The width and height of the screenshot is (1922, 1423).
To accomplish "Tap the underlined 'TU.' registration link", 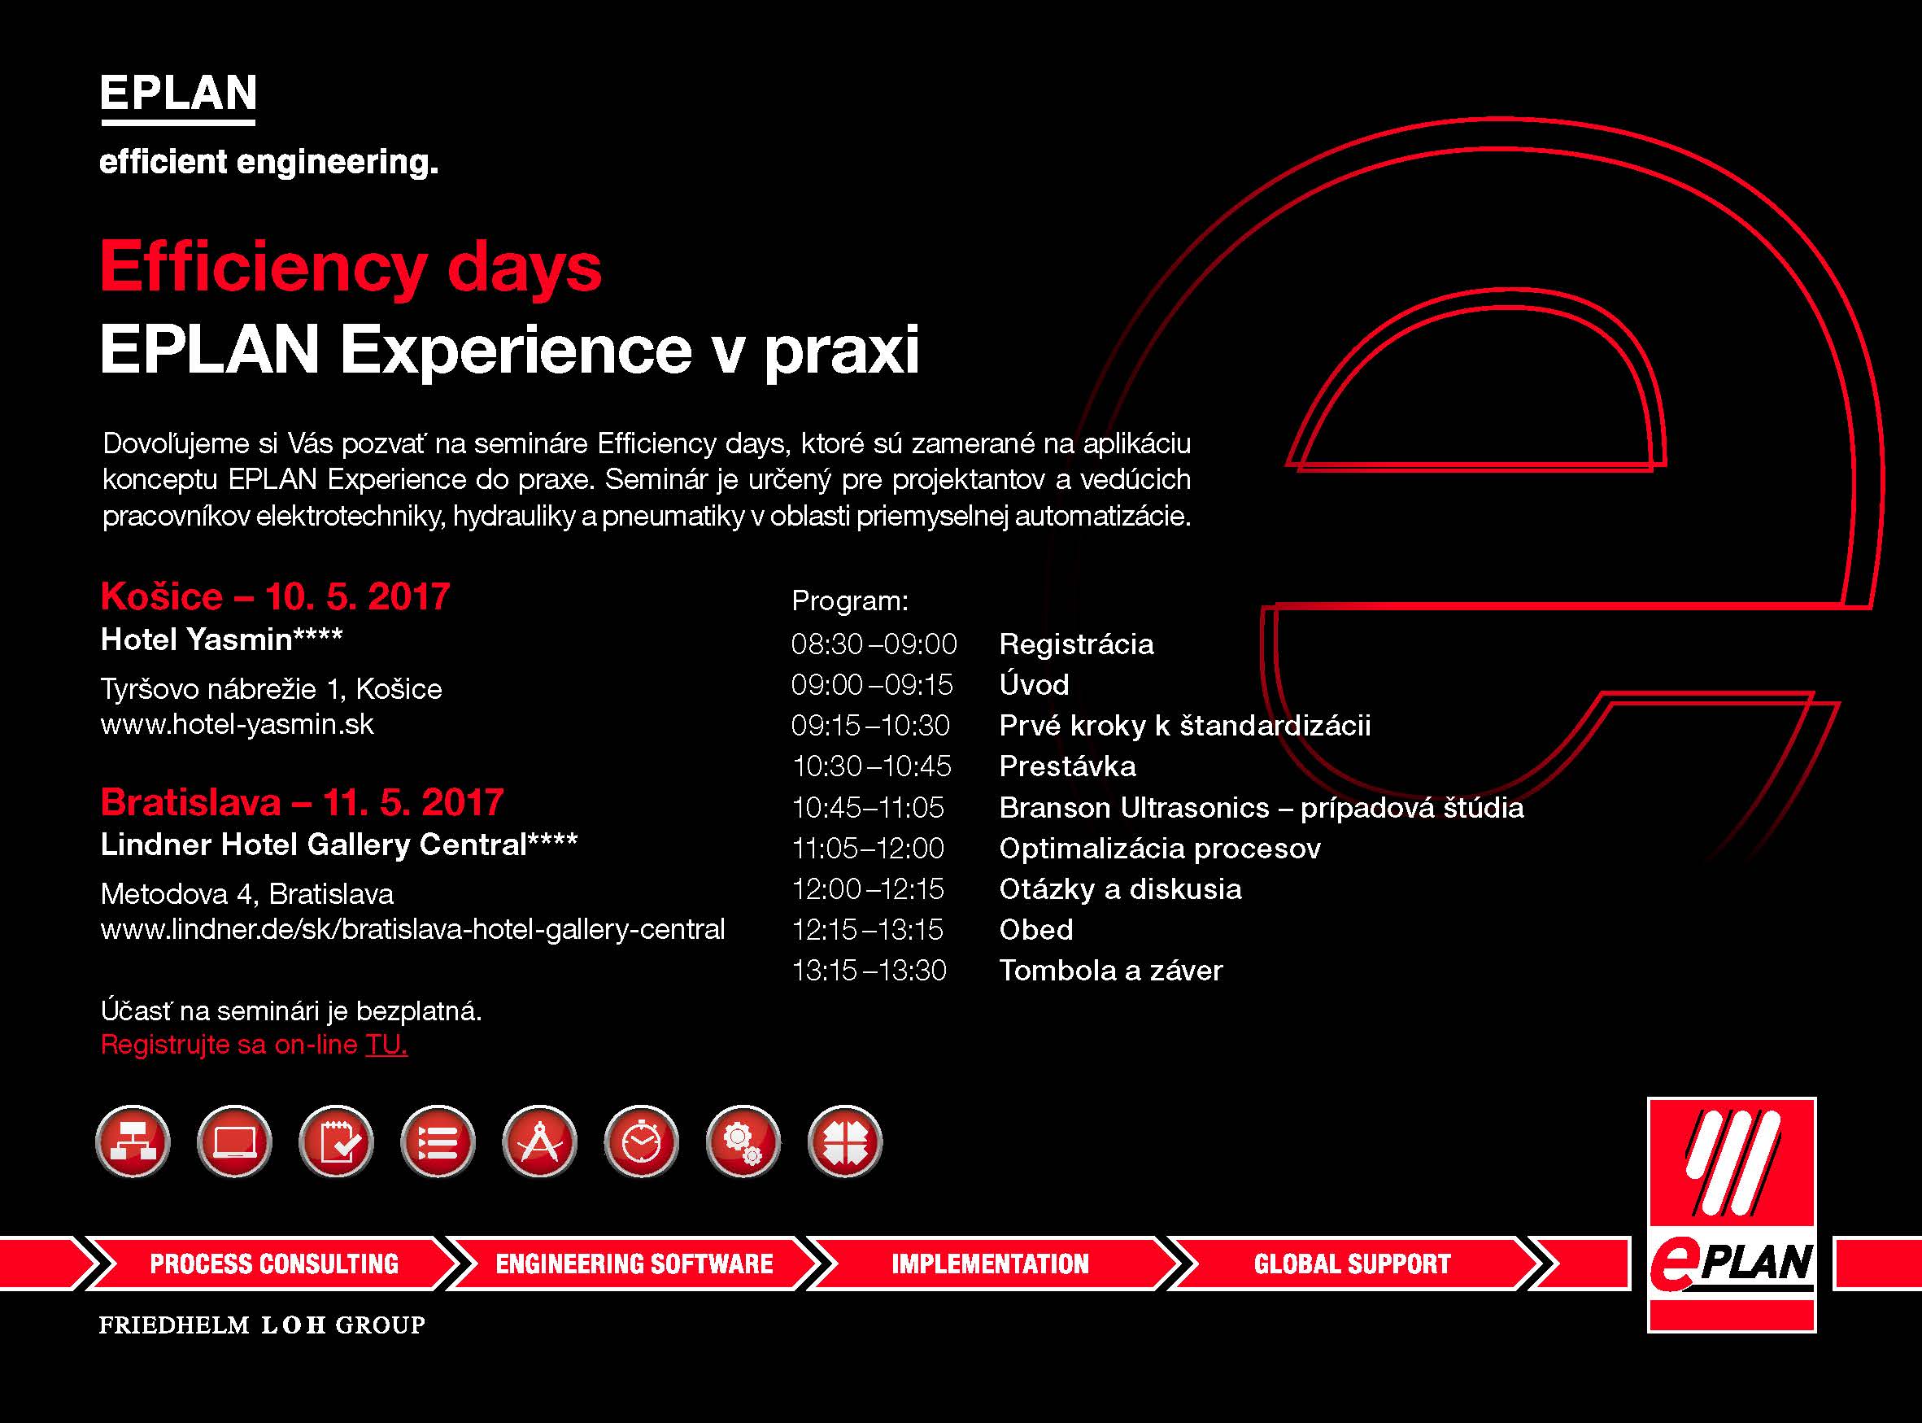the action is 386,1045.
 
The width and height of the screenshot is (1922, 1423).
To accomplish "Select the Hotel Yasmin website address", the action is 238,724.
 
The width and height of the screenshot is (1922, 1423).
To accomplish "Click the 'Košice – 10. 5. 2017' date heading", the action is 276,596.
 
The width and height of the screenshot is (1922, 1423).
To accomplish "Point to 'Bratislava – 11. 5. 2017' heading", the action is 303,803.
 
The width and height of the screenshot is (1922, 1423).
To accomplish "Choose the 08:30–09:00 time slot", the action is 874,644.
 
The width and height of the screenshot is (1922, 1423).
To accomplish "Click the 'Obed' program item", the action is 1036,930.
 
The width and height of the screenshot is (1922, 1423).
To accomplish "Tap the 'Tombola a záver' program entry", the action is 1111,971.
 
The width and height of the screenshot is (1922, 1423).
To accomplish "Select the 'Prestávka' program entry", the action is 1068,766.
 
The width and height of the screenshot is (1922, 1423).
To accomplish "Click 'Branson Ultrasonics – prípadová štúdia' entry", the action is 1262,808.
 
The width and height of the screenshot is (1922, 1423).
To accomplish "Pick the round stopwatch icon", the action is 642,1142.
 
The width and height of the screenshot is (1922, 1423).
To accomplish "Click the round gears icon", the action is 743,1142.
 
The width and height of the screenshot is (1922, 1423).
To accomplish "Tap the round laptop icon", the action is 234,1142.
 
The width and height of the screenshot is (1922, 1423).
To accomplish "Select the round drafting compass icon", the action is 540,1142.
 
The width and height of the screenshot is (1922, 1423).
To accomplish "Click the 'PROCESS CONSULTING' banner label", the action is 275,1264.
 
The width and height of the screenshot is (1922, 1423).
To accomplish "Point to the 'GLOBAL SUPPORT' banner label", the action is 1352,1264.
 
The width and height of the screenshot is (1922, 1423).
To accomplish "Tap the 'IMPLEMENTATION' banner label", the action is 990,1264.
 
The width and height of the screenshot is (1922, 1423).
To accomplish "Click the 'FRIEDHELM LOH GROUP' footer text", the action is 263,1324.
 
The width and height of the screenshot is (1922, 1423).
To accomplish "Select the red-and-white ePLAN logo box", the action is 1732,1214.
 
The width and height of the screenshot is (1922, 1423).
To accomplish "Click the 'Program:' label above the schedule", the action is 850,601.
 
